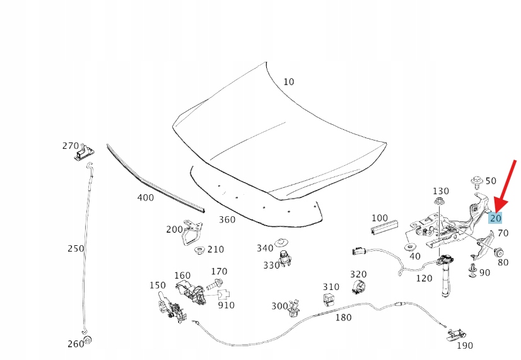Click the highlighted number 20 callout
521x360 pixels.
[x=496, y=218]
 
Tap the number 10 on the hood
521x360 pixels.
[x=288, y=82]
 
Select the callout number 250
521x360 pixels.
[x=76, y=248]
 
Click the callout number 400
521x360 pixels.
[x=146, y=197]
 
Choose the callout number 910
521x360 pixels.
[x=226, y=305]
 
